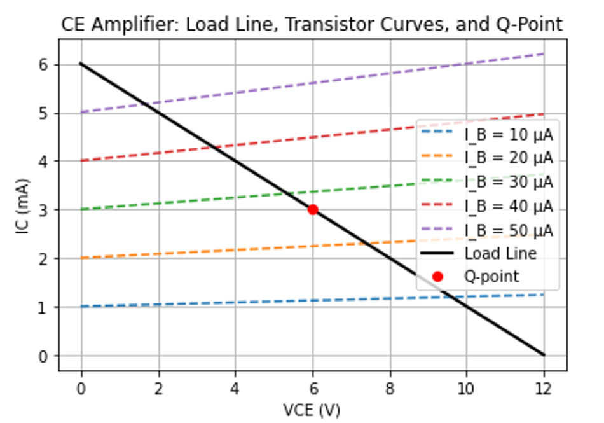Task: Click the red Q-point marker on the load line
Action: click(x=312, y=210)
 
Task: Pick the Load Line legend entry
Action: click(x=500, y=253)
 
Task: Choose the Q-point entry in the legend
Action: click(x=491, y=276)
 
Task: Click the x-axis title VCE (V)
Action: click(x=312, y=410)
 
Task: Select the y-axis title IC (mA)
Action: click(x=23, y=210)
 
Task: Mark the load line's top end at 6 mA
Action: click(x=81, y=64)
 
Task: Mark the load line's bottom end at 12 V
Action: click(x=544, y=355)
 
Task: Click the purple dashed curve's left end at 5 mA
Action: click(x=81, y=113)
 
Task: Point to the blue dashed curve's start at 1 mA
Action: click(x=81, y=307)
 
